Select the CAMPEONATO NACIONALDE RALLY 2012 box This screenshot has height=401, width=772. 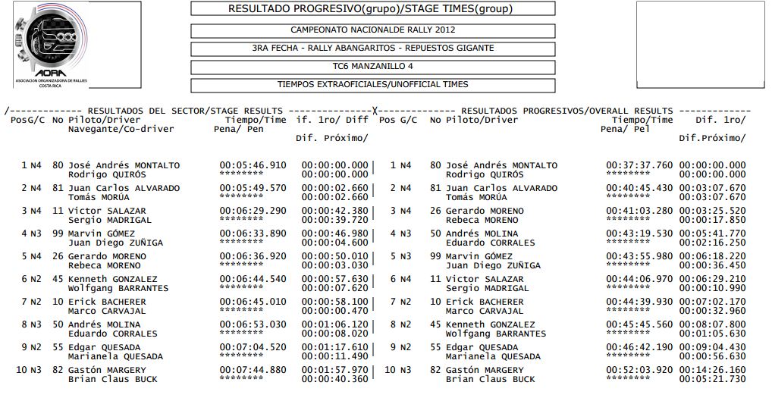point(372,30)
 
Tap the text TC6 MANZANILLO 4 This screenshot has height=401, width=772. point(372,67)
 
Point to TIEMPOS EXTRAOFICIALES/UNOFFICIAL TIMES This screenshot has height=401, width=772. point(372,85)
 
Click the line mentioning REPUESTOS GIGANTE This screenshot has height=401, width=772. point(372,49)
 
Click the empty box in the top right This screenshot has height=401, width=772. point(701,45)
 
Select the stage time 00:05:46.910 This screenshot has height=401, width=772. point(253,165)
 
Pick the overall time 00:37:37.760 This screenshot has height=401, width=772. point(639,165)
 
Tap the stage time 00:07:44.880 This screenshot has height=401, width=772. point(253,370)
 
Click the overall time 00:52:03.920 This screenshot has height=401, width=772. point(639,370)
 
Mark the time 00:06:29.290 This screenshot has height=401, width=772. point(253,211)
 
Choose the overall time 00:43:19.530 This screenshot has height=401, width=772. point(639,233)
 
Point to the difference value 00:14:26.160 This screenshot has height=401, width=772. point(712,370)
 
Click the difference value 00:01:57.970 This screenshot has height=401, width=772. point(334,370)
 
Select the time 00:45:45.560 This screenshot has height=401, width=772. point(639,324)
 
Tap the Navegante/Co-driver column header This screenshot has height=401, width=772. point(121,129)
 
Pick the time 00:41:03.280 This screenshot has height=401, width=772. point(639,211)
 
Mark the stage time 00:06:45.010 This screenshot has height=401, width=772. point(253,302)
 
